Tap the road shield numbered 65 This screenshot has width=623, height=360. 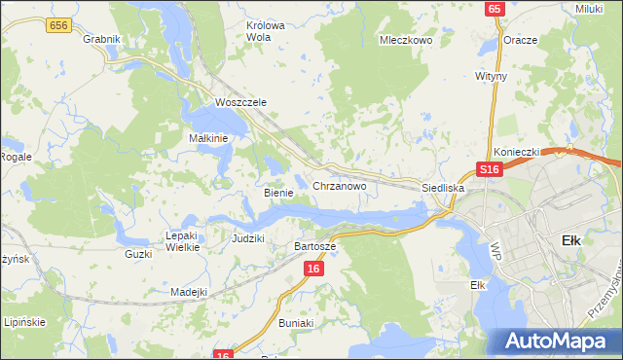click(x=495, y=8)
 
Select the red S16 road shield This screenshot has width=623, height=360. click(x=489, y=169)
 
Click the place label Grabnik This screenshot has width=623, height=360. click(x=101, y=39)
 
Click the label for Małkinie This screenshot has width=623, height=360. click(x=208, y=138)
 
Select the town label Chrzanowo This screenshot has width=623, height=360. click(x=339, y=185)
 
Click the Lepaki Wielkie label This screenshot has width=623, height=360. click(x=183, y=241)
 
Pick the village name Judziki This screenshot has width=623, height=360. click(x=248, y=237)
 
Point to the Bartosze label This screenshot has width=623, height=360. click(x=314, y=247)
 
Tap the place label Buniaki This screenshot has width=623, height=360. click(x=295, y=322)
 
